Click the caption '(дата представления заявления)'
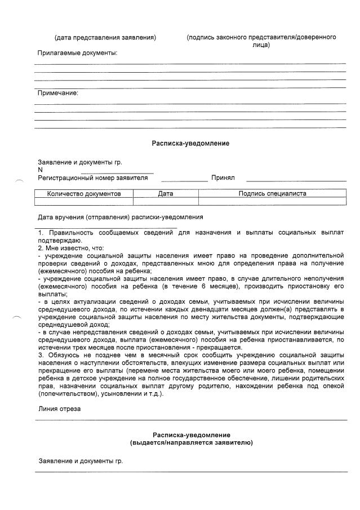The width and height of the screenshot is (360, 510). pyautogui.click(x=105, y=38)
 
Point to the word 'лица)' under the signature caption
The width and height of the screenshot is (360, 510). pyautogui.click(x=261, y=45)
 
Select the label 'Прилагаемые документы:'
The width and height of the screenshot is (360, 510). pyautogui.click(x=77, y=53)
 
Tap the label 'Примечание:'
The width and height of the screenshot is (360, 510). pyautogui.click(x=57, y=93)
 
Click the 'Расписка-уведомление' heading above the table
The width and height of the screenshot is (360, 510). pyautogui.click(x=190, y=144)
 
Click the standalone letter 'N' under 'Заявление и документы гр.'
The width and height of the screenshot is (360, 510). pyautogui.click(x=40, y=170)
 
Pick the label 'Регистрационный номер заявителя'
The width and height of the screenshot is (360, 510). pyautogui.click(x=92, y=178)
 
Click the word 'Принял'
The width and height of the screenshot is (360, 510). pyautogui.click(x=223, y=178)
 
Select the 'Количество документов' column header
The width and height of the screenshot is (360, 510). pyautogui.click(x=84, y=193)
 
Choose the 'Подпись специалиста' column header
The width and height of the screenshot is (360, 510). pyautogui.click(x=272, y=193)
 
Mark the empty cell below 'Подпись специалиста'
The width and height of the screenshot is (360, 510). pyautogui.click(x=272, y=201)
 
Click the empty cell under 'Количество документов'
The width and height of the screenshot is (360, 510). pyautogui.click(x=84, y=201)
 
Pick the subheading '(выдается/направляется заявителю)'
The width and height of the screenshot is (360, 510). pyautogui.click(x=191, y=443)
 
